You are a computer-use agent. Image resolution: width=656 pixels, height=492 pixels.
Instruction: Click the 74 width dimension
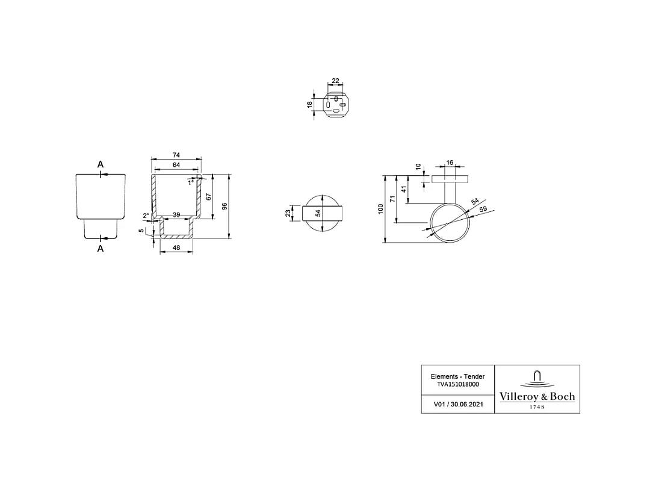pyautogui.click(x=176, y=155)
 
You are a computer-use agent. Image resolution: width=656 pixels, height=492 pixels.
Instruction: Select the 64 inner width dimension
pyautogui.click(x=176, y=165)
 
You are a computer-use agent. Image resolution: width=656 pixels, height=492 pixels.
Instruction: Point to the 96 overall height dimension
pyautogui.click(x=224, y=206)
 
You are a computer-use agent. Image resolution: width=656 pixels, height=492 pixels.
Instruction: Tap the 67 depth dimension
pyautogui.click(x=208, y=197)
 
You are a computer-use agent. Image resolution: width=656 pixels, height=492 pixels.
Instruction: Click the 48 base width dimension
pyautogui.click(x=176, y=248)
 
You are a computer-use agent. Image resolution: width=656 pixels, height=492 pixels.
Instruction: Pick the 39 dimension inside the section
pyautogui.click(x=176, y=215)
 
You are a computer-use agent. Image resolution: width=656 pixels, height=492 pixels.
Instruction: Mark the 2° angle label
pyautogui.click(x=146, y=216)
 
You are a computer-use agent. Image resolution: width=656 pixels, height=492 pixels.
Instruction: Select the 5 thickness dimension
pyautogui.click(x=141, y=231)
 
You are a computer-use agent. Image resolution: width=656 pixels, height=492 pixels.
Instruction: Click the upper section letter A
pyautogui.click(x=101, y=164)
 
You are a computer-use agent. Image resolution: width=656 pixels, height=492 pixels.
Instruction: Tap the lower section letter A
pyautogui.click(x=101, y=248)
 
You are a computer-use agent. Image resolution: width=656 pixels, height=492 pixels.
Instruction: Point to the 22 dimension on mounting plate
pyautogui.click(x=335, y=81)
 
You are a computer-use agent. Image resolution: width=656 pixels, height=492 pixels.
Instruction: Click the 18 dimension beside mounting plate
pyautogui.click(x=310, y=104)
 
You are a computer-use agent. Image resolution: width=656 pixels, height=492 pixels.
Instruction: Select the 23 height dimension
pyautogui.click(x=289, y=213)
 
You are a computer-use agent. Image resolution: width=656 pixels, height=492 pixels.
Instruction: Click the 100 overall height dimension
pyautogui.click(x=380, y=209)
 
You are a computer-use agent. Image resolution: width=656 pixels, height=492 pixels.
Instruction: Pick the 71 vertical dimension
pyautogui.click(x=392, y=199)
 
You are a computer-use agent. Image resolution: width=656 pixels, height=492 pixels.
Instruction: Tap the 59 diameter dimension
pyautogui.click(x=483, y=210)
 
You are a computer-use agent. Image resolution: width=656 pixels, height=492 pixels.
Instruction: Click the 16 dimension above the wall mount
pyautogui.click(x=450, y=163)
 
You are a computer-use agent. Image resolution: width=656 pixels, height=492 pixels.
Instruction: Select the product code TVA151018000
pyautogui.click(x=458, y=384)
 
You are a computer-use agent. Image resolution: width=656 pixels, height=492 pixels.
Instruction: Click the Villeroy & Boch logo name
pyautogui.click(x=537, y=397)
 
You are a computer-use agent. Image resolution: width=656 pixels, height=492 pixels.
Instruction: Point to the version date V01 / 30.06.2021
pyautogui.click(x=458, y=404)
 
